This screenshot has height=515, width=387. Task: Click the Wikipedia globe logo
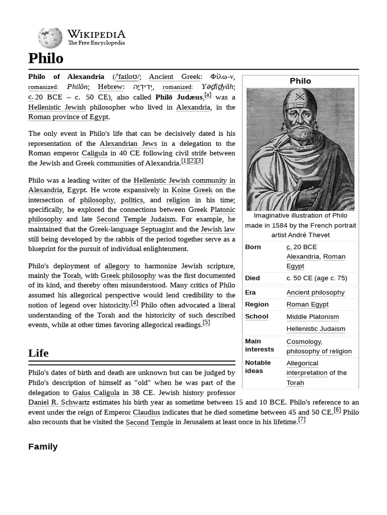tap(50, 38)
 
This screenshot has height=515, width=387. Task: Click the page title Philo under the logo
tap(46, 58)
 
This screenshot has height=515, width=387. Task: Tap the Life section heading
tap(38, 353)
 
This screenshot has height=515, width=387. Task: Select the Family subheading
tap(43, 447)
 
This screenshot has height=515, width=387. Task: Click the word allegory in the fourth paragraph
tap(118, 266)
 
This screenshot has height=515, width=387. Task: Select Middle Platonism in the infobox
tap(312, 317)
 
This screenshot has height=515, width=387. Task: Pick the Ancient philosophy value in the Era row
tap(315, 292)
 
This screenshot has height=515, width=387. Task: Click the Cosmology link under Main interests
tap(304, 341)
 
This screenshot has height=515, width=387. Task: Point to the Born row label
tap(253, 247)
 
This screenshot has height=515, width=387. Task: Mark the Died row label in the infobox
tap(252, 278)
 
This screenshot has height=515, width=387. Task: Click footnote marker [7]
tap(302, 419)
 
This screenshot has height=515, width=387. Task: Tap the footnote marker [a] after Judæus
tap(208, 95)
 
